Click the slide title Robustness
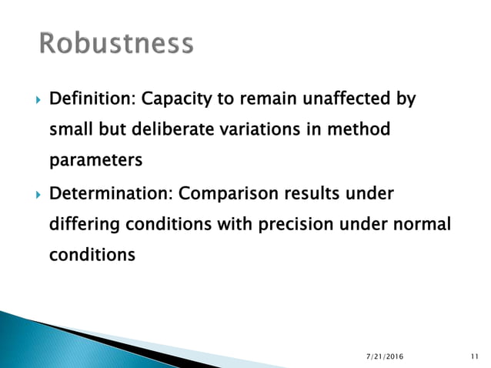point(116,44)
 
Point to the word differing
point(84,223)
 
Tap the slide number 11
point(474,356)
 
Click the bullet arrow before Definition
point(30,100)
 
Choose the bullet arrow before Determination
point(30,192)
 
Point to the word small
point(71,131)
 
